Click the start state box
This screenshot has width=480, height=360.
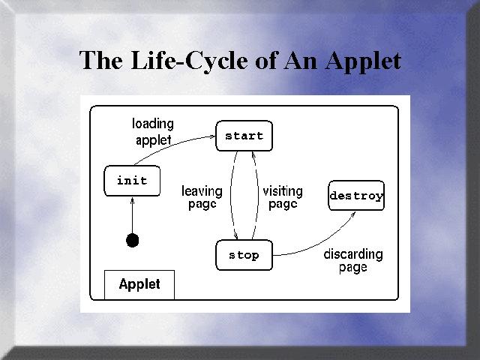[244, 136]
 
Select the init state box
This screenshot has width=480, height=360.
[132, 181]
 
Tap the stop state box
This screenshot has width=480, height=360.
[243, 255]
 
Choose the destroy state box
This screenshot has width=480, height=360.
[356, 196]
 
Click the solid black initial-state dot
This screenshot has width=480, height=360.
[133, 240]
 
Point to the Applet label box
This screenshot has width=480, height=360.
[139, 285]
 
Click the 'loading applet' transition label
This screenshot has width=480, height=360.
[153, 132]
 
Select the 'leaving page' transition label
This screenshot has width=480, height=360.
[202, 198]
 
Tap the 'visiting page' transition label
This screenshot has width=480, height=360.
[283, 198]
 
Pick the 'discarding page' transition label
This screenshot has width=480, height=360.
[352, 261]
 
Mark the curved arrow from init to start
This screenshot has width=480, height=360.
[176, 142]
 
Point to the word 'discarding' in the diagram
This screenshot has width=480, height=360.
[352, 254]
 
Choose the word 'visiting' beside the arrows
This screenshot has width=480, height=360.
[283, 191]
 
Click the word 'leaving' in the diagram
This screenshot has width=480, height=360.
[202, 191]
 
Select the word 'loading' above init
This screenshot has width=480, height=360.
[153, 124]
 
